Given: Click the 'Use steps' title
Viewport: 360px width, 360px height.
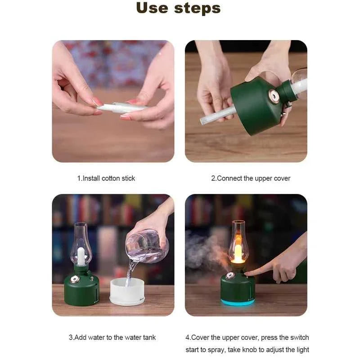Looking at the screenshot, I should [178, 8].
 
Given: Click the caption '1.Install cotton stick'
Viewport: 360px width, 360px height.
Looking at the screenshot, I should [106, 178].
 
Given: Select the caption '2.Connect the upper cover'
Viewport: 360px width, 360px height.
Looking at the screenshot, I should [251, 178].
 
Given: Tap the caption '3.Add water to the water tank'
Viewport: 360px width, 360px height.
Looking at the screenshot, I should [112, 337].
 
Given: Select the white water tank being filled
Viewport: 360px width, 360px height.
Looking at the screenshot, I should [127, 292].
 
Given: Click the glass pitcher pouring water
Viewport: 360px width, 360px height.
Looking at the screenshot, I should [147, 246].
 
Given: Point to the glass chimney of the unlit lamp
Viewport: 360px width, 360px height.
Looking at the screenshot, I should [80, 243].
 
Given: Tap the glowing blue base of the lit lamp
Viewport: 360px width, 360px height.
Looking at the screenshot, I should [238, 302].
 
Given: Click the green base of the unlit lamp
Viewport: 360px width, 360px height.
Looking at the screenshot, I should [81, 290].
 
